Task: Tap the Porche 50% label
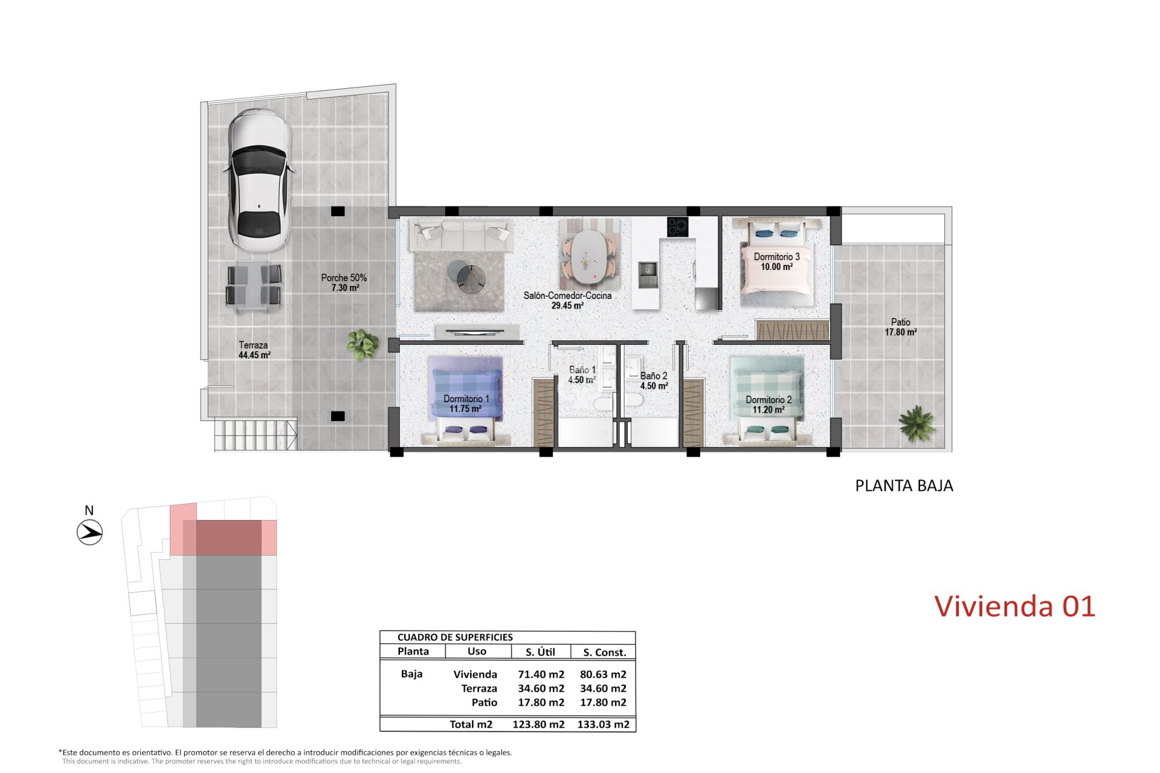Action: click(x=344, y=283)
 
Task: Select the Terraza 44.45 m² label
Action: click(x=253, y=350)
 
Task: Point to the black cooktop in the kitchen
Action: click(x=677, y=227)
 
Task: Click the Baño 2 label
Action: click(x=654, y=380)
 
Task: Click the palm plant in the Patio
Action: click(x=916, y=422)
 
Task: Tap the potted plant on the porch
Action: click(x=362, y=345)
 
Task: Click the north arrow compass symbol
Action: click(x=89, y=533)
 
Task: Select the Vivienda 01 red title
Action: click(x=1014, y=606)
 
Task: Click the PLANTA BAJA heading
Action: click(x=904, y=486)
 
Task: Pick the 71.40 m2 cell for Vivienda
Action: click(x=541, y=674)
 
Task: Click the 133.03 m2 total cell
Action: click(x=603, y=724)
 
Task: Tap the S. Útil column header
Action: click(x=540, y=652)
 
